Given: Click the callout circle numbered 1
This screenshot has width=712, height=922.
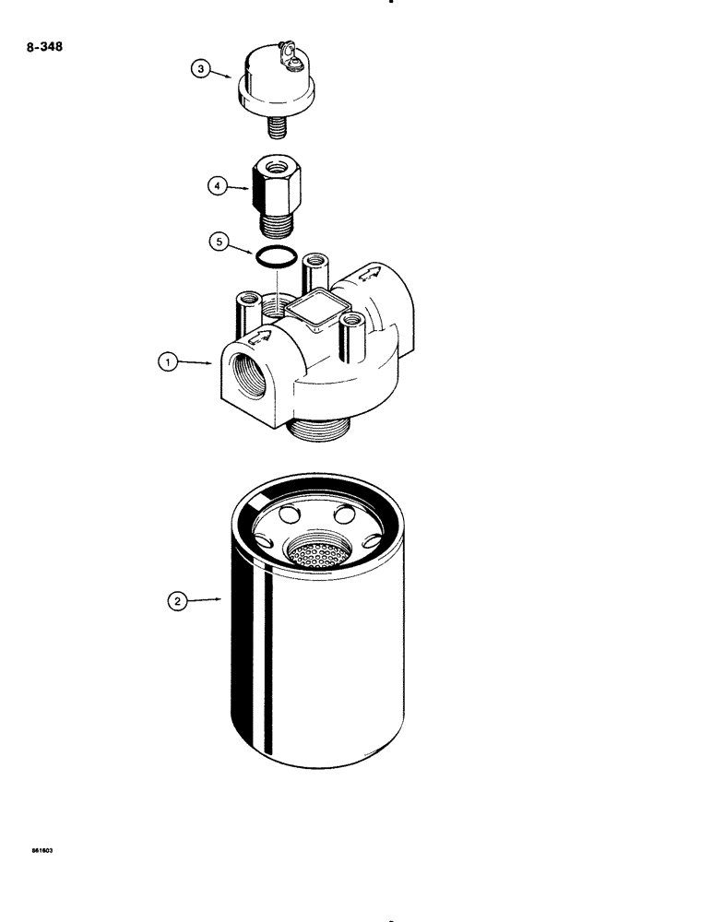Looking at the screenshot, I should (166, 363).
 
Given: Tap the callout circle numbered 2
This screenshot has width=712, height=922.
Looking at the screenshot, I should (177, 601).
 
